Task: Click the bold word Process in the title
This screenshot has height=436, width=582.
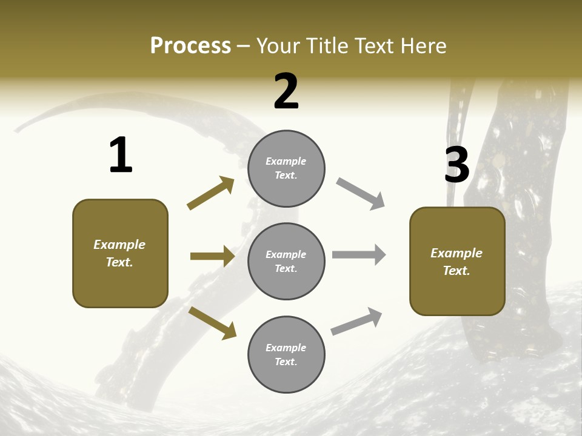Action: [x=190, y=46]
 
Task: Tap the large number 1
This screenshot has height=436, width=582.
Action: [x=121, y=155]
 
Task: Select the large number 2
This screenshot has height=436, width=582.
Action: [x=286, y=91]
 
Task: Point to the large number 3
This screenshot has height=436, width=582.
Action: [x=457, y=165]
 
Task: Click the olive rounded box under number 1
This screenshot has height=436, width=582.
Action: [x=120, y=253]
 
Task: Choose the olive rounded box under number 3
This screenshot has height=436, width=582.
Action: [x=457, y=262]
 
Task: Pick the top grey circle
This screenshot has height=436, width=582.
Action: [x=286, y=168]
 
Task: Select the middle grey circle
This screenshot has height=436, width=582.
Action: [x=286, y=261]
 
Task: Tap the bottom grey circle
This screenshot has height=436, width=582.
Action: [x=286, y=354]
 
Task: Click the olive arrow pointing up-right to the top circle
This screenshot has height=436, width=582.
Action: [x=210, y=193]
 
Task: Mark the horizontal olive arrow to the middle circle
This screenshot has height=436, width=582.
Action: [x=212, y=256]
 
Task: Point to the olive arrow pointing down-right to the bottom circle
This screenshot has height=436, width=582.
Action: [x=212, y=323]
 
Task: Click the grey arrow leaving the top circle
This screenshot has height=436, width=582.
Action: [x=360, y=194]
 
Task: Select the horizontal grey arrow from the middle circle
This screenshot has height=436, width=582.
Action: [x=359, y=254]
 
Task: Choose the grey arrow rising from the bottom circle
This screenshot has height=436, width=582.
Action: [x=356, y=322]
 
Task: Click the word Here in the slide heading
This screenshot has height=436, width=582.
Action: [x=423, y=46]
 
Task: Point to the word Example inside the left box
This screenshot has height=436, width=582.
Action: [x=119, y=245]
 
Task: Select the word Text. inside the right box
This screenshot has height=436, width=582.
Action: [x=457, y=271]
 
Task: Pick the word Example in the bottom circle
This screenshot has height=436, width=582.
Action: [x=286, y=348]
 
